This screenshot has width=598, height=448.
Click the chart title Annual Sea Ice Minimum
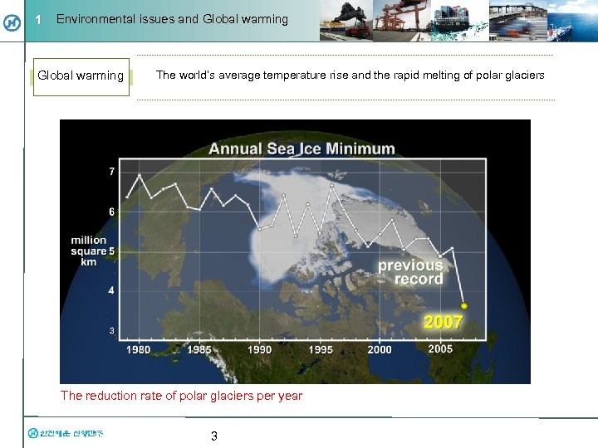pos(301,149)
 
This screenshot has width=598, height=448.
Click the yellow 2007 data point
pos(464,306)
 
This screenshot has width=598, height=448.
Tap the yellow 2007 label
pos(443,322)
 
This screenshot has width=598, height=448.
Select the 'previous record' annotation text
pos(411,272)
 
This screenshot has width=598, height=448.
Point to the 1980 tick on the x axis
pos(138,349)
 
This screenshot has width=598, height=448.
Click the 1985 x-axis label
pos(199,349)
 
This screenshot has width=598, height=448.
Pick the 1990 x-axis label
pos(259,349)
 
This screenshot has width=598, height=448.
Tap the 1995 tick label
pos(320,349)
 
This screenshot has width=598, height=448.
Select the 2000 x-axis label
pos(380,349)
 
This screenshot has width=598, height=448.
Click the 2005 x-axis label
pos(440,349)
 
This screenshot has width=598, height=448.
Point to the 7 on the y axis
pos(111,172)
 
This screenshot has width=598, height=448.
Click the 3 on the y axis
pos(111,331)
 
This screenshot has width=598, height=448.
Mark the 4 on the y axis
pos(111,291)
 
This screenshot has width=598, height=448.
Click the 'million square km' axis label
pos(89,251)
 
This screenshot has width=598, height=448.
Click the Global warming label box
pos(81,76)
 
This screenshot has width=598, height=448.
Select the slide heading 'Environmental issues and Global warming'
pos(172,19)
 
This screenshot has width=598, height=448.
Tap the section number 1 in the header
pos(38,20)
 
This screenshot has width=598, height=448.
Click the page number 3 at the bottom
pos(213,436)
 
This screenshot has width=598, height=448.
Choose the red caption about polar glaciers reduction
pos(181,396)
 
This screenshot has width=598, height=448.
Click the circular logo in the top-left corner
pos(12,22)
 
